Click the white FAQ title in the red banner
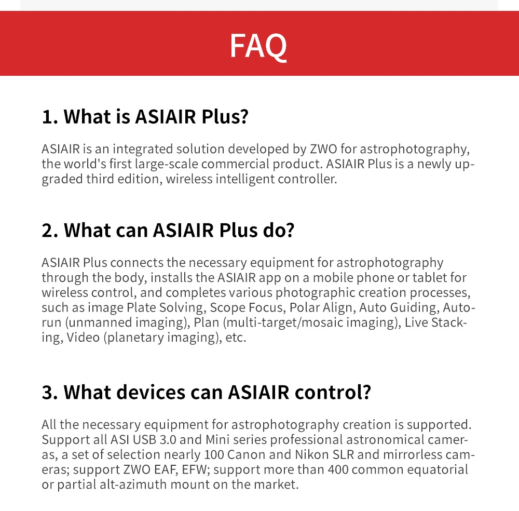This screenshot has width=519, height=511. (x=258, y=46)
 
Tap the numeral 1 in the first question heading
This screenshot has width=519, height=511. (x=47, y=117)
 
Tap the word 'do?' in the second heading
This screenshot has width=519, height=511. (x=278, y=230)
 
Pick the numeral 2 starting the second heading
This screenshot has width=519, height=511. (x=48, y=231)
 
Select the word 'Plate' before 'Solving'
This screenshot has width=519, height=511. (x=141, y=307)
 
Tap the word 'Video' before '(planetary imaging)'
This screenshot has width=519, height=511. (x=83, y=338)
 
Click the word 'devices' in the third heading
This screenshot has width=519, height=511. (x=124, y=393)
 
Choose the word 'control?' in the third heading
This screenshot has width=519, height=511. (x=333, y=393)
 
